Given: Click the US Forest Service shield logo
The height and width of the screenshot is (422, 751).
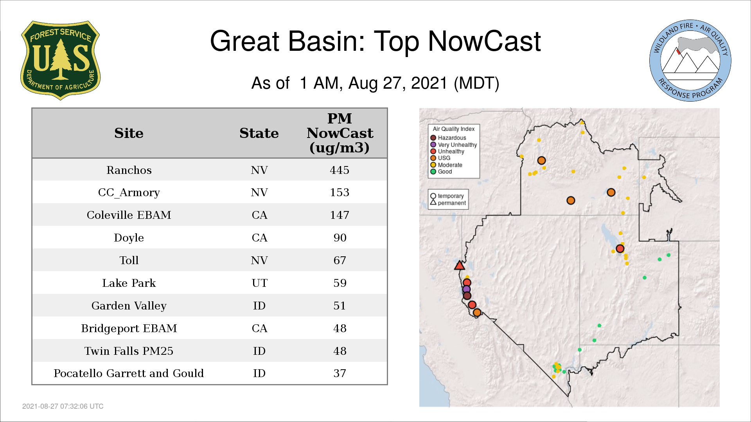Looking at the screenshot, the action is (x=60, y=61).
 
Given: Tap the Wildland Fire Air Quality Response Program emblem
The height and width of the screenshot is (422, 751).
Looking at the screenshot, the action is (x=690, y=61).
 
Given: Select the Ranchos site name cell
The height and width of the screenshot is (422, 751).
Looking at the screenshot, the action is (x=129, y=170).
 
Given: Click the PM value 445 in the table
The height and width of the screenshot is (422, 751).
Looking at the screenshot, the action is (x=340, y=170).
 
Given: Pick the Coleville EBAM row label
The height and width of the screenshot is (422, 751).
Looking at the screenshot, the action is (x=129, y=215).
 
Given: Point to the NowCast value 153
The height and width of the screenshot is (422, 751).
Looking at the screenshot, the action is (x=340, y=193).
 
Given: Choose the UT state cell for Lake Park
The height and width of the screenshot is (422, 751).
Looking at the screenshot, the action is (x=259, y=283).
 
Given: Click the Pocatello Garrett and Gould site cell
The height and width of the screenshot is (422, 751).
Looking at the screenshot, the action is (x=129, y=374).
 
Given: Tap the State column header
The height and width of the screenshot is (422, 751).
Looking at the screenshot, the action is (x=259, y=133).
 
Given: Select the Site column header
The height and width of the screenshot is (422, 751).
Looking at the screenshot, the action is (x=129, y=133).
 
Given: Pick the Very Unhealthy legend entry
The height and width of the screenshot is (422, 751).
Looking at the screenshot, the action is (x=454, y=145).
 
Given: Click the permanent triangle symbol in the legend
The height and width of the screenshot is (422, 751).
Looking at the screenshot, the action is (x=433, y=202).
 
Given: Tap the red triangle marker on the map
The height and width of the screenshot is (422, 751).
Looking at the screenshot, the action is (x=460, y=266).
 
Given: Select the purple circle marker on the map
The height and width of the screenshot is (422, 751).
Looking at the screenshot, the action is (x=466, y=290).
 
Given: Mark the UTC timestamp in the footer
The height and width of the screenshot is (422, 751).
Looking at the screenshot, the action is (x=63, y=406).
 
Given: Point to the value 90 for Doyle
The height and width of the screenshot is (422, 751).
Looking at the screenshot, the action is (x=340, y=238).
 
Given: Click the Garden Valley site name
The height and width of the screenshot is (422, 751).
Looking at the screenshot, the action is (x=129, y=306).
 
